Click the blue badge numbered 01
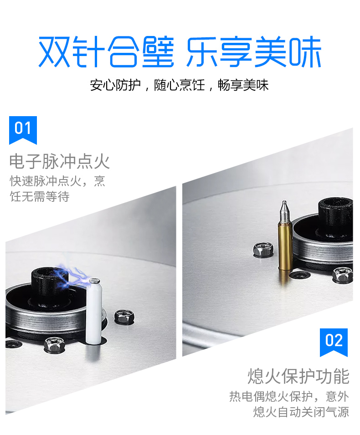click(x=23, y=130)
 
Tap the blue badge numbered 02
click(x=334, y=342)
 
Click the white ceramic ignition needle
click(x=94, y=312)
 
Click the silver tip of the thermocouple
click(x=285, y=211)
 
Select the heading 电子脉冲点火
click(x=60, y=161)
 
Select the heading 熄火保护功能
click(x=298, y=376)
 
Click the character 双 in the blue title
click(x=54, y=52)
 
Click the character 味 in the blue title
click(x=305, y=52)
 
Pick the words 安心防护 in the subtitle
click(x=115, y=85)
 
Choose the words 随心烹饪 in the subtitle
click(x=180, y=85)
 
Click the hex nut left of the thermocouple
click(x=263, y=250)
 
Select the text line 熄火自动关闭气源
click(x=301, y=412)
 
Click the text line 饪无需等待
click(x=39, y=196)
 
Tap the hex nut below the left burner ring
click(x=54, y=344)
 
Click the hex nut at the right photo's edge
click(x=343, y=275)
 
